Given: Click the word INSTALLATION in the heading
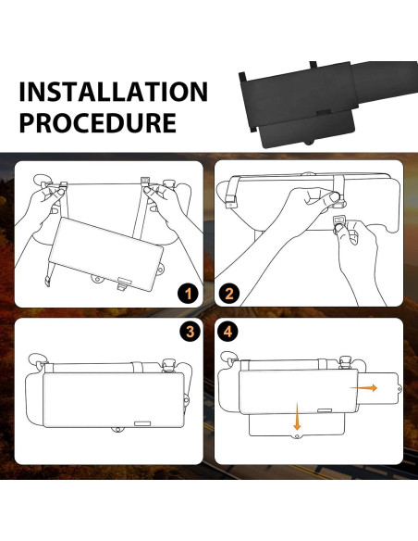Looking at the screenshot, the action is coord(113,92).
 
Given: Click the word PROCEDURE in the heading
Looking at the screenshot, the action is coord(98,122).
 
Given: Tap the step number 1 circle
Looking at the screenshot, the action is coord(188,294).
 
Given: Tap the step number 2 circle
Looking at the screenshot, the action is coord(229,294).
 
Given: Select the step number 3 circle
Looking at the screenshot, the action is coord(190,332).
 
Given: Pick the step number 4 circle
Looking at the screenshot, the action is coord(227,332).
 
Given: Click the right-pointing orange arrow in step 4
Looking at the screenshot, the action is coord(363,388).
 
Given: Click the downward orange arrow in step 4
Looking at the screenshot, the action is coord(297,416).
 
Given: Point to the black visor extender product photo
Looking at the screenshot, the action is coord(327,104).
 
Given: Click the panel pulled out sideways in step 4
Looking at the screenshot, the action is coord(379,389).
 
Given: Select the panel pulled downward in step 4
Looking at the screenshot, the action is coord(297,425).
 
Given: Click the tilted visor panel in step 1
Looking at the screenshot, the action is coord(106,254).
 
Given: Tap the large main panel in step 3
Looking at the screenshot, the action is coord(114,400).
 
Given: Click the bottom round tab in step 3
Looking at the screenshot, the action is coord(117,430).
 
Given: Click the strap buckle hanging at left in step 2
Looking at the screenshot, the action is coord(230,203).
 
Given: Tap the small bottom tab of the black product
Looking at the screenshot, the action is coord(309,142).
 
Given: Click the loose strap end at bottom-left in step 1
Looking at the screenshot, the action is coord(47,281).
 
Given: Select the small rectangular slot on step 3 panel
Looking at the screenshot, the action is coord(142,423).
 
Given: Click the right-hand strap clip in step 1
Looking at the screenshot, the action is coord(145,182).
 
